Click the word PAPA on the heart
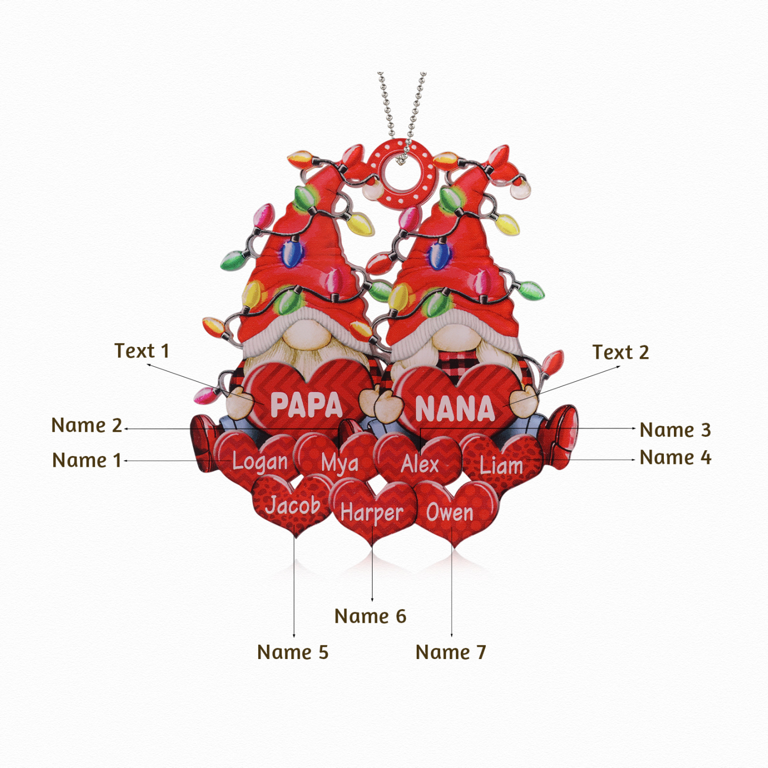click(x=306, y=405)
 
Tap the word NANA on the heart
click(x=455, y=409)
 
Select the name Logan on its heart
click(x=260, y=462)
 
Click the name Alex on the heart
click(x=419, y=464)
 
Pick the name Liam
click(x=501, y=465)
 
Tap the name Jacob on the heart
click(x=293, y=505)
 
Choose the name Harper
click(x=372, y=513)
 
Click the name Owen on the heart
click(x=450, y=512)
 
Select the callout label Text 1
click(x=142, y=351)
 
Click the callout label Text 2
click(x=621, y=352)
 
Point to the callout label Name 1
click(x=87, y=460)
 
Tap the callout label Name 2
click(x=87, y=425)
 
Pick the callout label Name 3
click(x=675, y=429)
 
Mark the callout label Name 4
click(x=675, y=457)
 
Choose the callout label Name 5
click(x=293, y=652)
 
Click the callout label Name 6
click(x=370, y=616)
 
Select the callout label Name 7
click(x=451, y=652)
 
